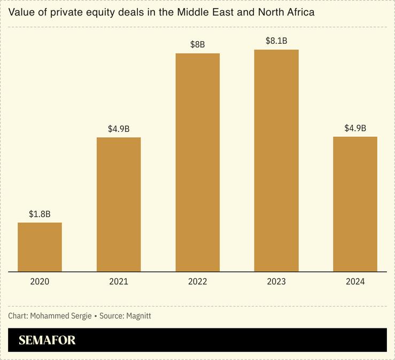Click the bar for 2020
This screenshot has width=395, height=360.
40,247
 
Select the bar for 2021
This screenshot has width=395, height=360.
119,205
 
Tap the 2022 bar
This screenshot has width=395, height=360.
197,162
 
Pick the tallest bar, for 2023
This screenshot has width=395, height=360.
276,161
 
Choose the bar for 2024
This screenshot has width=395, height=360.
355,204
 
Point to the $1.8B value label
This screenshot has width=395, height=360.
40,214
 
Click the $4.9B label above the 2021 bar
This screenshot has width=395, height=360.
119,129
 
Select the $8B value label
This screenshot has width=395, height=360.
197,45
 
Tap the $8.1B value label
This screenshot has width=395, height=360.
276,41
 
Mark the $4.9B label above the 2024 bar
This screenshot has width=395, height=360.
355,128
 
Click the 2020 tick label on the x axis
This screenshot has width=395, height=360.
40,281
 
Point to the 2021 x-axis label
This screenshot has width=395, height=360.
119,281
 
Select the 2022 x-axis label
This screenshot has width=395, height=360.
197,281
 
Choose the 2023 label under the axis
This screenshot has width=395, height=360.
276,281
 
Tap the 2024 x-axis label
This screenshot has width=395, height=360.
355,281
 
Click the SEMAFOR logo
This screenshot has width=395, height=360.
47,340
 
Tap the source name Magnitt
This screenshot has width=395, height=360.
138,316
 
